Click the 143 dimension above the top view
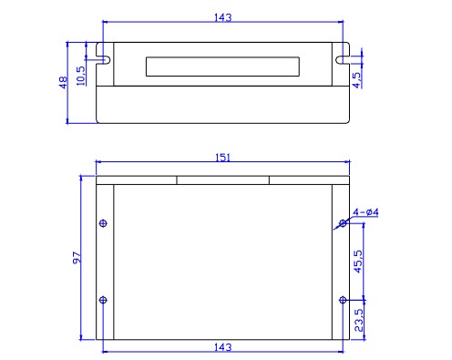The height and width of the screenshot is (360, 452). pos(223,17)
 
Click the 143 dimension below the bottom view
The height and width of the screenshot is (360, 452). pos(223,347)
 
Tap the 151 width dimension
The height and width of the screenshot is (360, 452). pos(223,158)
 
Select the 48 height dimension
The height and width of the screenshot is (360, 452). pos(63,83)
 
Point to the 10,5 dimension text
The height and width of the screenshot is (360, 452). pos(81,76)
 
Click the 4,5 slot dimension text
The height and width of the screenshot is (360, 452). pos(356,80)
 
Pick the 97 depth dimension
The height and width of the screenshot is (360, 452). pos(77,258)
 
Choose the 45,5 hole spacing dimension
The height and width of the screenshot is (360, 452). pos(358,262)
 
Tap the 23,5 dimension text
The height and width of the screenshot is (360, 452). pos(359,320)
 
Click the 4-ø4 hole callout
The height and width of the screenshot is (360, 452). pos(365,212)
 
